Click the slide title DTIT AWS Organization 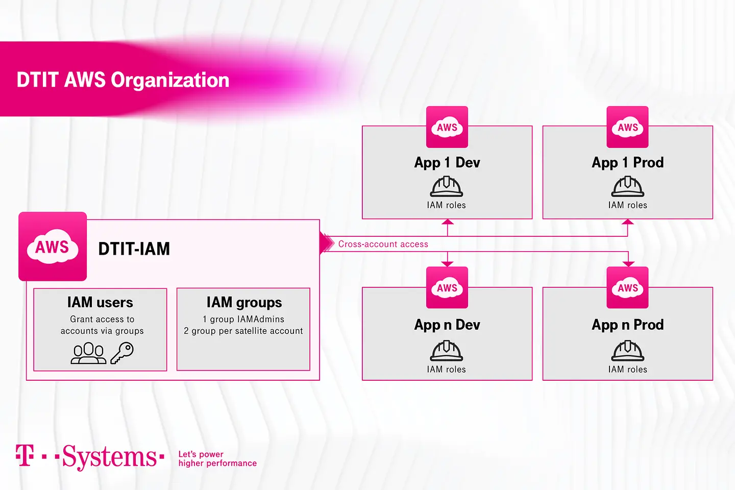pyautogui.click(x=122, y=80)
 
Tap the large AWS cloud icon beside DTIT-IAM pyautogui.click(x=53, y=247)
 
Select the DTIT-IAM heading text pyautogui.click(x=134, y=249)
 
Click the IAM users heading pyautogui.click(x=100, y=303)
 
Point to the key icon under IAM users pyautogui.click(x=122, y=353)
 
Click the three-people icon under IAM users pyautogui.click(x=88, y=353)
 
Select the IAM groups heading pyautogui.click(x=244, y=303)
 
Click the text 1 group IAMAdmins pyautogui.click(x=243, y=319)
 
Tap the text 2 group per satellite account pyautogui.click(x=243, y=331)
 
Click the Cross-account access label pyautogui.click(x=383, y=244)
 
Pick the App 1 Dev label pyautogui.click(x=447, y=163)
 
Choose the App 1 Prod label pyautogui.click(x=627, y=163)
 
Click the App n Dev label pyautogui.click(x=447, y=325)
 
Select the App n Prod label pyautogui.click(x=627, y=325)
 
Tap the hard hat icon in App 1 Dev pyautogui.click(x=447, y=187)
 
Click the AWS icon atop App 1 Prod pyautogui.click(x=627, y=127)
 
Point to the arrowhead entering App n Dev pyautogui.click(x=447, y=263)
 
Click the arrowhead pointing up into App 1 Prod pyautogui.click(x=627, y=222)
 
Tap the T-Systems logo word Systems pyautogui.click(x=109, y=457)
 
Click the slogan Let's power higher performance pyautogui.click(x=217, y=459)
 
